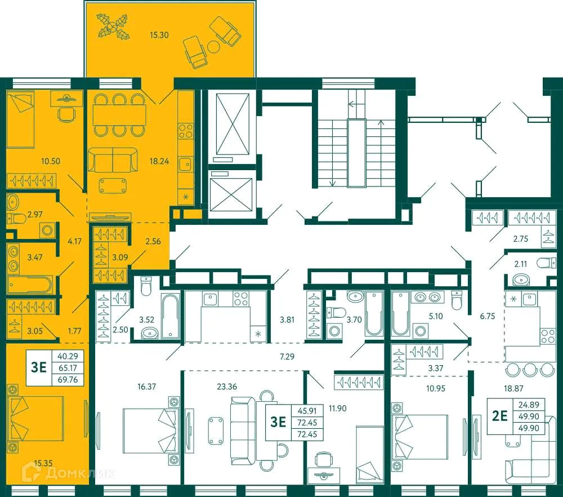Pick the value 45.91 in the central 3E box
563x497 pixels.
tap(307, 411)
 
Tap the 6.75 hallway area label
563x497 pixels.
tap(486, 316)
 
